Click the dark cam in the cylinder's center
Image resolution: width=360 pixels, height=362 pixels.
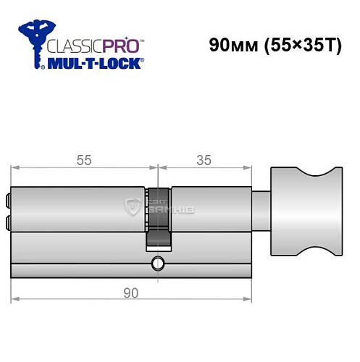pyautogui.click(x=157, y=217)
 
